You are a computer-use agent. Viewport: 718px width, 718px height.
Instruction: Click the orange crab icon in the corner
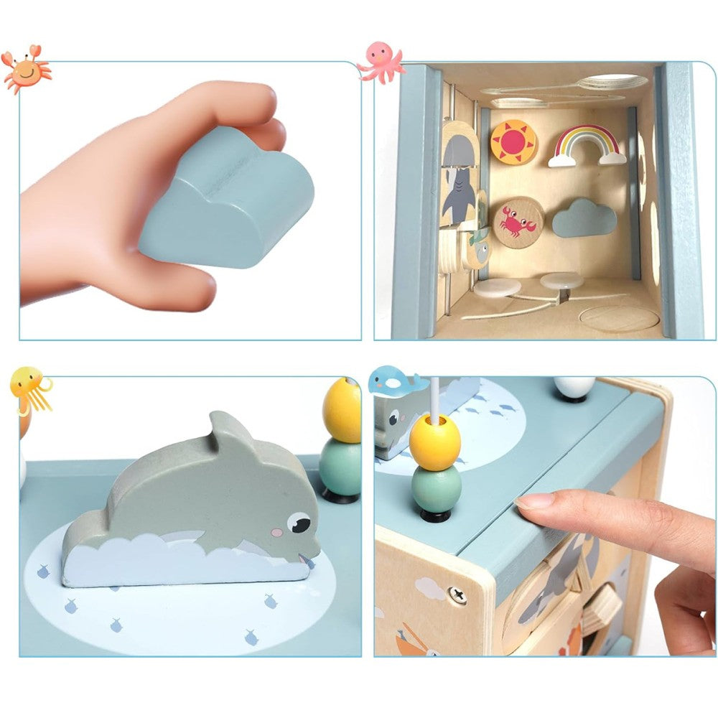click(25, 70)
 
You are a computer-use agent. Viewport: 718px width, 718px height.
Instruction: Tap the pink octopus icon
click(381, 62)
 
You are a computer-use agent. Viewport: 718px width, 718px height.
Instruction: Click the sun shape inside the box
click(513, 142)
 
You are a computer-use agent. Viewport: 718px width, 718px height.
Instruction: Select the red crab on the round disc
click(518, 223)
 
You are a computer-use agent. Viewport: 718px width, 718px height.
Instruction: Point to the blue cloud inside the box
click(584, 219)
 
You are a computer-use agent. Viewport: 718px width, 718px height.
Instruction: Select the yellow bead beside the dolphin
click(342, 410)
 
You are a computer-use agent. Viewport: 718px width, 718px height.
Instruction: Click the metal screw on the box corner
click(455, 595)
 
